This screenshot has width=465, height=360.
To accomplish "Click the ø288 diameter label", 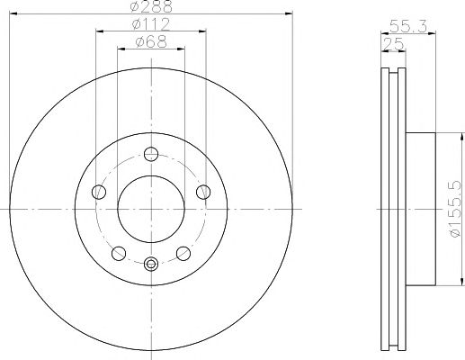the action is tap(151, 6).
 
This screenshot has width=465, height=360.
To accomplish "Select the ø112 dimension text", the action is tap(151, 24).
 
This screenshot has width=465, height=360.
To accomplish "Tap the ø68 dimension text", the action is tap(151, 41).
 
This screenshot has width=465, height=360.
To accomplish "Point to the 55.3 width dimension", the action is tap(408, 26).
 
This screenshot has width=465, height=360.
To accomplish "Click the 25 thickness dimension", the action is tap(393, 45).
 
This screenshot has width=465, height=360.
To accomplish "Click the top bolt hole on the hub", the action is tap(151, 154).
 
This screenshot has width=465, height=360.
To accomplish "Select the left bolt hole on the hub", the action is tap(99, 192).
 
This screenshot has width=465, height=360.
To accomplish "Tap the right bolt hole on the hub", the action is tap(203, 192).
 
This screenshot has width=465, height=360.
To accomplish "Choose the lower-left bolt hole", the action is tap(119, 254).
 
